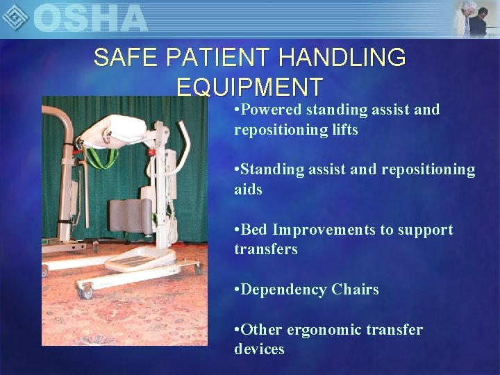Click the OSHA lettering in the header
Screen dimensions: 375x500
pos(90,18)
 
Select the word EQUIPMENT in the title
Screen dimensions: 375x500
pos(250,87)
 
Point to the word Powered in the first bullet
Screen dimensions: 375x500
pos(272,110)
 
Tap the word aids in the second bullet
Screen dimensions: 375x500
pos(248,190)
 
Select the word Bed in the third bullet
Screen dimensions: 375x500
pos(255,230)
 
